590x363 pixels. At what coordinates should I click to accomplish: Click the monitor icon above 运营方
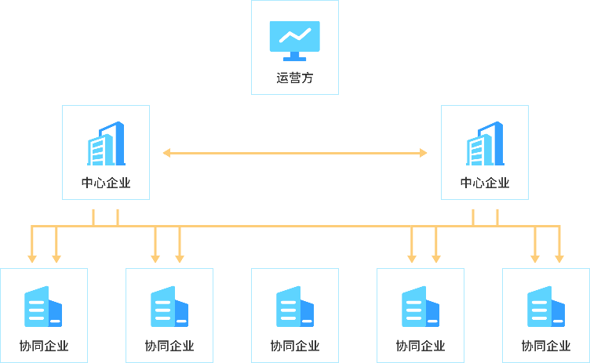pos(294,41)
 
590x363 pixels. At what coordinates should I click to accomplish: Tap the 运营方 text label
pos(295,78)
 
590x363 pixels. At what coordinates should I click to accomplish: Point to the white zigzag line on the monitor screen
pos(294,35)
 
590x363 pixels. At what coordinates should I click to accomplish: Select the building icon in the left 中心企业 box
pos(106,144)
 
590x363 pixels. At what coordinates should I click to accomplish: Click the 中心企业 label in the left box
pos(106,183)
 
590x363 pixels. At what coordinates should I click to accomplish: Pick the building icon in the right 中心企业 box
pos(485,144)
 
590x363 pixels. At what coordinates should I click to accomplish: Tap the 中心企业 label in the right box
pos(485,183)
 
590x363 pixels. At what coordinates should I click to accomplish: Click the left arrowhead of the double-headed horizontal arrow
pos(166,153)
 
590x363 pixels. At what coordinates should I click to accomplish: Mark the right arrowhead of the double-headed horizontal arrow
pos(424,153)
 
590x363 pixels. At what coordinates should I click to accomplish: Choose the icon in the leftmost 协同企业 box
pos(44,307)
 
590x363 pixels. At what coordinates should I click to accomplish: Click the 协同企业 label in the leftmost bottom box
pos(44,346)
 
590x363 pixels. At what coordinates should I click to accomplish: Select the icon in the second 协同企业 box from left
pos(169,307)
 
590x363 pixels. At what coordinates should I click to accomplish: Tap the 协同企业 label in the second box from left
pos(169,346)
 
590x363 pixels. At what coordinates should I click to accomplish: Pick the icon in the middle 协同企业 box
pos(295,307)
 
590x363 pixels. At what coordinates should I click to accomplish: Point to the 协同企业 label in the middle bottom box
pos(295,346)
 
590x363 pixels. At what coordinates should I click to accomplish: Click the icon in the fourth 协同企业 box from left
pos(421,307)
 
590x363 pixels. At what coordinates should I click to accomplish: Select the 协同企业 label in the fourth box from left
pos(421,346)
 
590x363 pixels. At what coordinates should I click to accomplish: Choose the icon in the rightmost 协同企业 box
pos(546,307)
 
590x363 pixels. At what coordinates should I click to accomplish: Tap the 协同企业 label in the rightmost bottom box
pos(546,346)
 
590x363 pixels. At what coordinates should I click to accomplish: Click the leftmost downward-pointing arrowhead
pos(31,258)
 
